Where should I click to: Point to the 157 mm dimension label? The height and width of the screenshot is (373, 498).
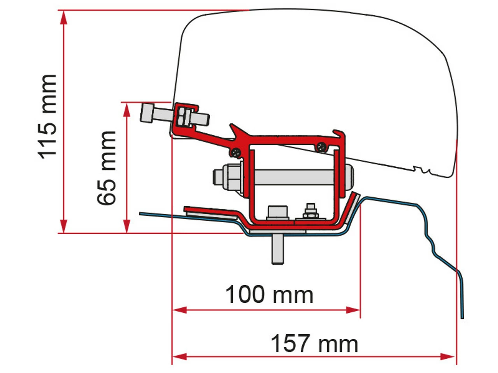point(314,344)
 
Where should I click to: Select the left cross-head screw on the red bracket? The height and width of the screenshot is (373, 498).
point(235,152)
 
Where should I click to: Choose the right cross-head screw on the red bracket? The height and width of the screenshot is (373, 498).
point(321,147)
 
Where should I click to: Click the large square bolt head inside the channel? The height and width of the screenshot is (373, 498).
point(277,212)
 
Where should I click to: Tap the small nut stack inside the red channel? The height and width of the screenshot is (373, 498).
point(310,212)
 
